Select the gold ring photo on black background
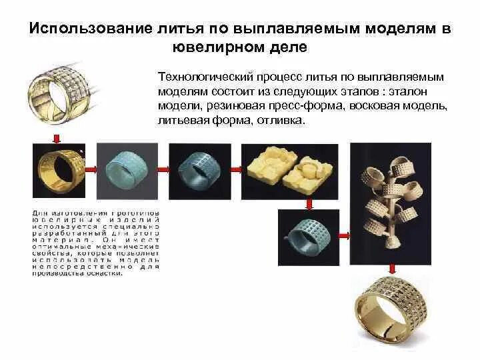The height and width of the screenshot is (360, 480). (62, 172)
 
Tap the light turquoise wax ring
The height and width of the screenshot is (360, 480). (127, 167)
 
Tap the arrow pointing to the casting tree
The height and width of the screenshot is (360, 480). (344, 235)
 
